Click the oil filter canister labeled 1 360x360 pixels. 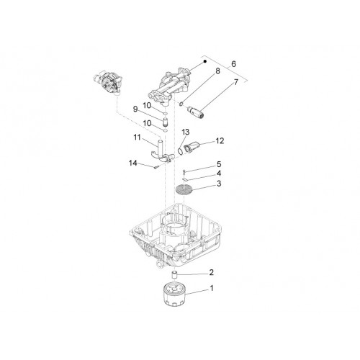point(175,294)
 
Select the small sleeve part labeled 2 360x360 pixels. point(175,275)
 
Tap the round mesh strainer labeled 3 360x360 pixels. point(184,189)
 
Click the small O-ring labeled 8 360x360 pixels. point(181,104)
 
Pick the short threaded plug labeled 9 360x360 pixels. point(165,122)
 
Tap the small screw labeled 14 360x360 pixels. point(156,167)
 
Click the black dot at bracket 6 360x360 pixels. point(205,61)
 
